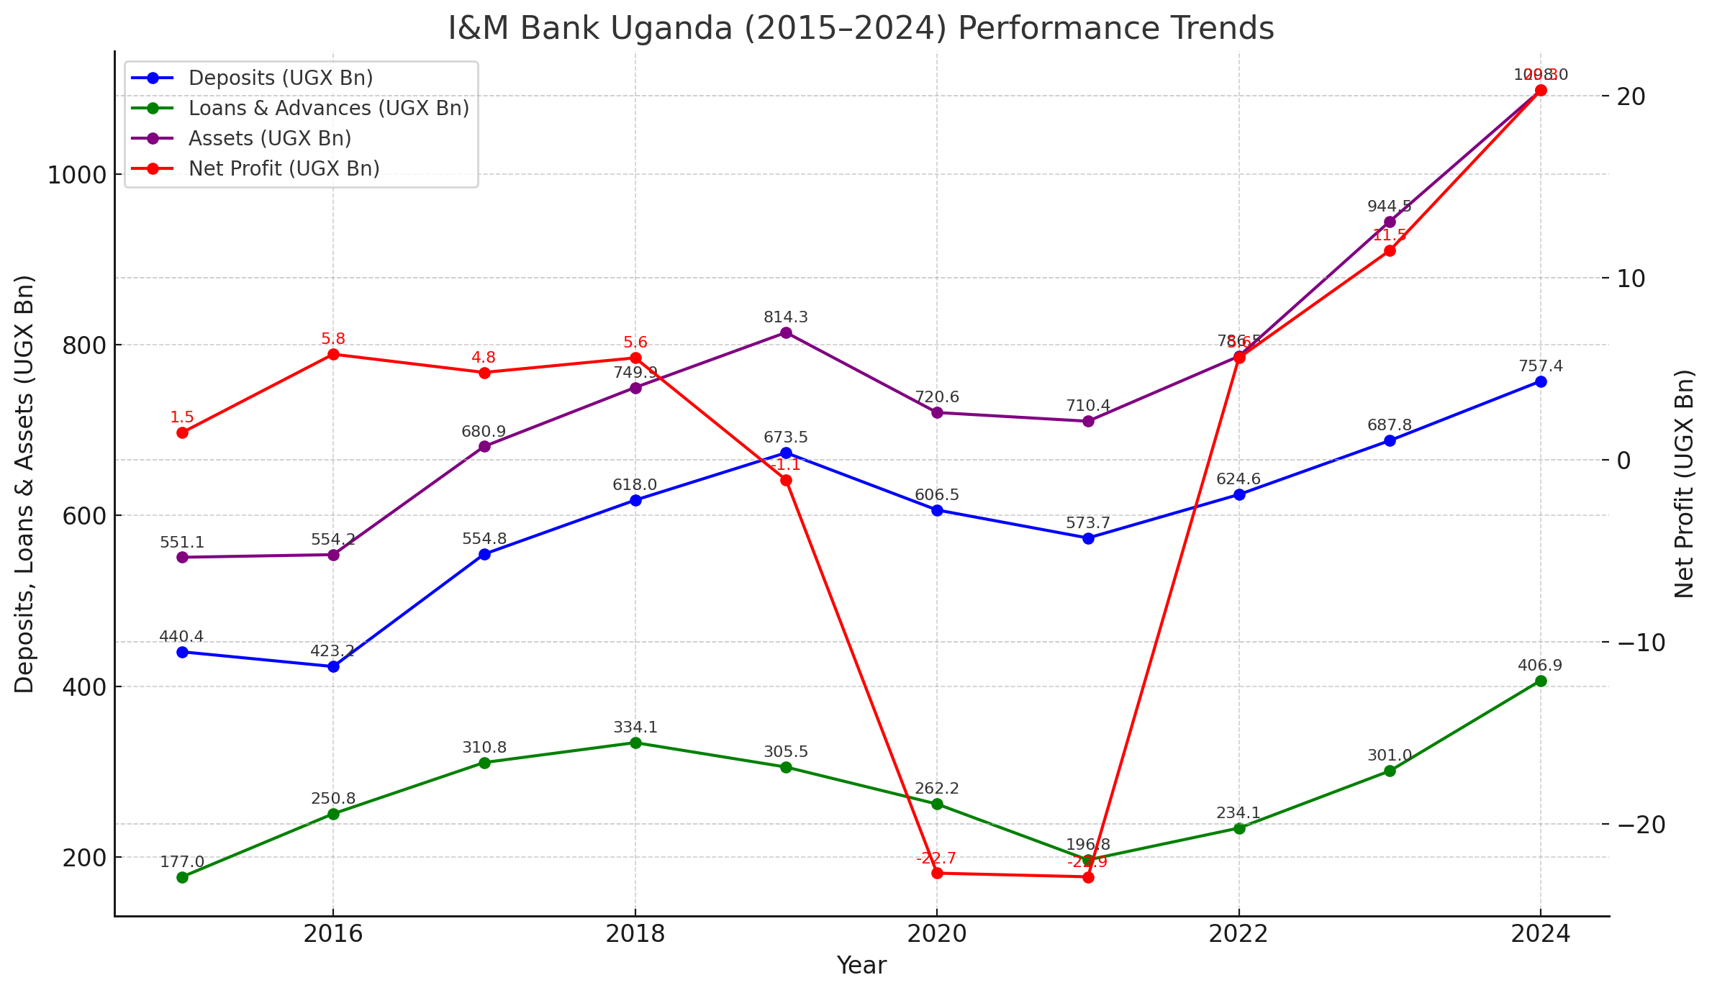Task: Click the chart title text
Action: (861, 29)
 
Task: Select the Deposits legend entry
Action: (281, 78)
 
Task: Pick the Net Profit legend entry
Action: (284, 168)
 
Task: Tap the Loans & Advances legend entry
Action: (328, 108)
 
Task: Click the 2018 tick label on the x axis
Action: (634, 934)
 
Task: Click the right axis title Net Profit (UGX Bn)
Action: (1685, 484)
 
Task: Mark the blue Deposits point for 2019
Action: (786, 453)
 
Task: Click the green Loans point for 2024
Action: (1541, 681)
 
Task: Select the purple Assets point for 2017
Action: (484, 446)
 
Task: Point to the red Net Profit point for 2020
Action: (937, 873)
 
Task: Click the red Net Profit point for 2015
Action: (182, 432)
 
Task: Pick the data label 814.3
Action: (786, 317)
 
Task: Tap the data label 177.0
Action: (182, 862)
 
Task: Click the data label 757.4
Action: (1541, 366)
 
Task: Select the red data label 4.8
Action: (484, 358)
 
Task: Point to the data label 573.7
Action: (1088, 523)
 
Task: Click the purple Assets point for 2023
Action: (1390, 222)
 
